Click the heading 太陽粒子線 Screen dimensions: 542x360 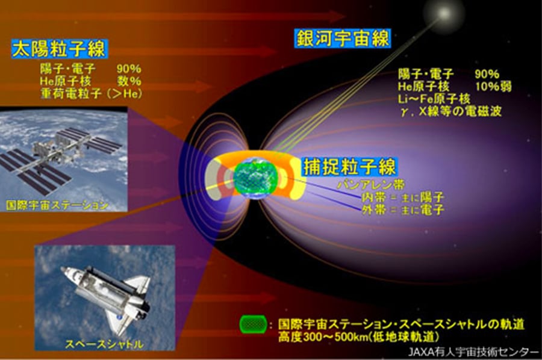[x=59, y=49]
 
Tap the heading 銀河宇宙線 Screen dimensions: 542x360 [x=343, y=38]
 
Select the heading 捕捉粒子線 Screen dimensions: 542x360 [x=349, y=167]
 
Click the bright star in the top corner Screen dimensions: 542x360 [x=444, y=13]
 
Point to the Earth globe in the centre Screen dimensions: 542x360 [x=255, y=179]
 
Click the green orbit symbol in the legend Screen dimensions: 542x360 [x=253, y=324]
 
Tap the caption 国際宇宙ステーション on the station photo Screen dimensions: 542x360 [x=57, y=205]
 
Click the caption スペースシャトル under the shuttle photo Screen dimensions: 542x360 [x=104, y=344]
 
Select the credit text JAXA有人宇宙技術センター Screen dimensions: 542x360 [x=473, y=352]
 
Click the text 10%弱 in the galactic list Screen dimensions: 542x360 [x=493, y=86]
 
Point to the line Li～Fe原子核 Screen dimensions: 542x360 [x=434, y=99]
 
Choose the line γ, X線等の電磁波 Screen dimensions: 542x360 [x=451, y=111]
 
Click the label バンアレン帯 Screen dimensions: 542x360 [x=370, y=185]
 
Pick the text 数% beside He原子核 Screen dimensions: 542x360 [x=129, y=81]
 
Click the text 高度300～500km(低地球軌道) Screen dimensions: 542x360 [x=359, y=336]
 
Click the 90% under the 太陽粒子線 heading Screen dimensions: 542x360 [x=129, y=69]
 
